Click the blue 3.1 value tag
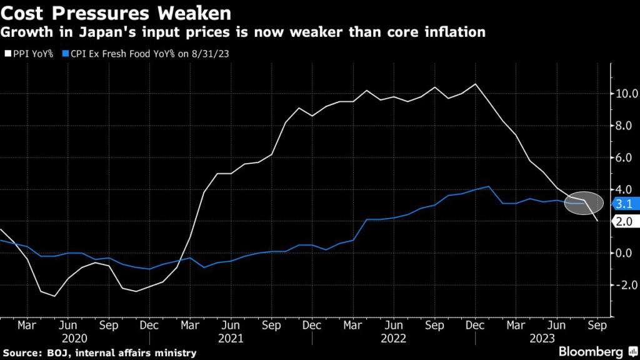[624, 203]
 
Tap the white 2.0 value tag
[624, 221]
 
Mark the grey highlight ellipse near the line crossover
[584, 202]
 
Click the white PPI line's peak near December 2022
[476, 84]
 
